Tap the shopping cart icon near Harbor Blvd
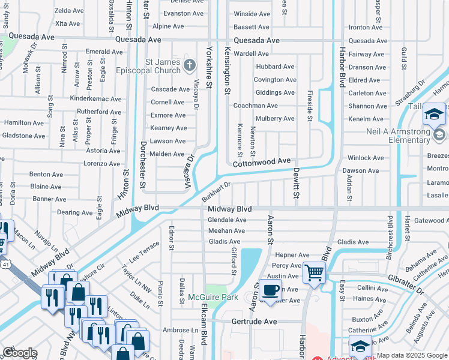point(314,272)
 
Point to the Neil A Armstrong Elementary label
point(400,136)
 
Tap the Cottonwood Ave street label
point(262,162)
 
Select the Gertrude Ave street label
point(255,322)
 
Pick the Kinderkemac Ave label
point(96,99)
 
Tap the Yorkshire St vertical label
point(209,67)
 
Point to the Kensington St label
point(228,71)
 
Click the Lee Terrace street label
point(145,251)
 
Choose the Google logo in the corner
point(20,353)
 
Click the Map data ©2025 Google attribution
point(412,355)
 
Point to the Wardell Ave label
point(251,53)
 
